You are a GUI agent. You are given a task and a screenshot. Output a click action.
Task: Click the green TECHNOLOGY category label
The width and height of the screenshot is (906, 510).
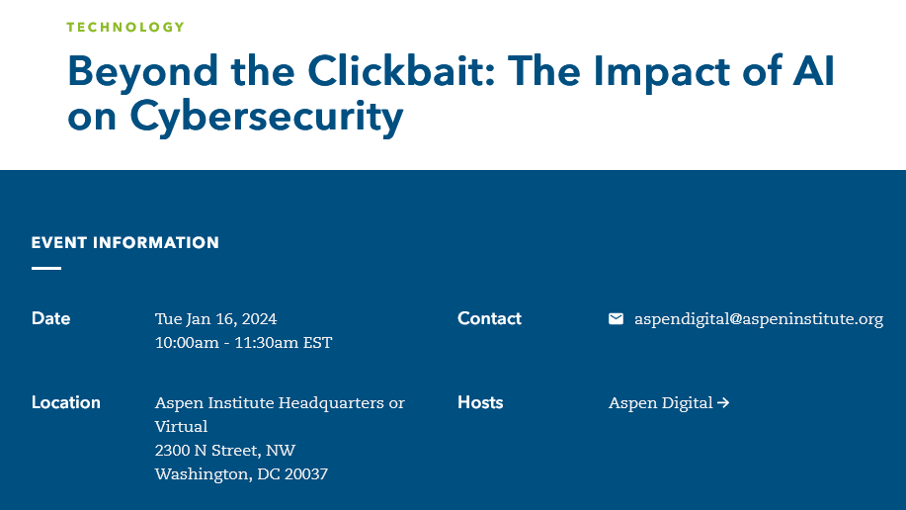tap(125, 27)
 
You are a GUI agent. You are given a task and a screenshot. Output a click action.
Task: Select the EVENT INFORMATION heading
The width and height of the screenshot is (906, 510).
tap(125, 242)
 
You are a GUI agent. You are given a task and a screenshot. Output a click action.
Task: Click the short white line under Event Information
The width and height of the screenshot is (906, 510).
tap(46, 268)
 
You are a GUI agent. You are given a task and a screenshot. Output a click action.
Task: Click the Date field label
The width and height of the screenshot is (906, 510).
tap(50, 318)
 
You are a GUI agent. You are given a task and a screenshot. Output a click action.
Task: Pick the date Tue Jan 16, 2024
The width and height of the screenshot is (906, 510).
tap(216, 319)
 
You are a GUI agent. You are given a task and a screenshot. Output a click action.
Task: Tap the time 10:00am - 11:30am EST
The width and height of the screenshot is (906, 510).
tap(244, 343)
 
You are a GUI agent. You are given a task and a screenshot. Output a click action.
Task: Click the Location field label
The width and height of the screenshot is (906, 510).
tap(66, 402)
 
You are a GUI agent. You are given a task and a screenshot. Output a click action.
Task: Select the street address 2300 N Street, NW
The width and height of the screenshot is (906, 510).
tap(225, 451)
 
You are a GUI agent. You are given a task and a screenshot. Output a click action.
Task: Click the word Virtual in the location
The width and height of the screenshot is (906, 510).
tap(182, 427)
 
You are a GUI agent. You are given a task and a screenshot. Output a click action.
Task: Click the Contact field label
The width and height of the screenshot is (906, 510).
tap(489, 318)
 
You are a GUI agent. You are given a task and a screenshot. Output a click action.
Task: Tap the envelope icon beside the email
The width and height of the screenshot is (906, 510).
tap(616, 318)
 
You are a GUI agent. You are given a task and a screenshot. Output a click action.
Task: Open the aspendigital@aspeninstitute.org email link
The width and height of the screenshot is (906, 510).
tap(759, 319)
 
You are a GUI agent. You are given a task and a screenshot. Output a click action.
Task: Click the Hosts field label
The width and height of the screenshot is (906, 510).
tap(480, 402)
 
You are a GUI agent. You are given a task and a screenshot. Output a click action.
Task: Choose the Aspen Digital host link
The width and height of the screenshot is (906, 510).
tap(669, 403)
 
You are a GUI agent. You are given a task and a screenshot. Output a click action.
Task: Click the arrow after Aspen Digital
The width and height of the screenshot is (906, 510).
tap(723, 402)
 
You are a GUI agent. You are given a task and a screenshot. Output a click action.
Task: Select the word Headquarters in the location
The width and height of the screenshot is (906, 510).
tap(331, 403)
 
